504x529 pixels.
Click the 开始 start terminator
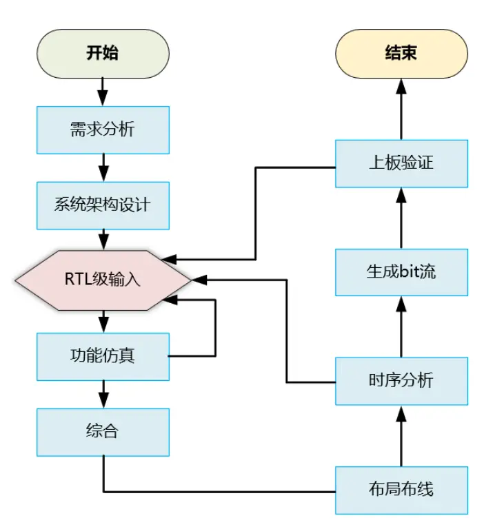pos(103,53)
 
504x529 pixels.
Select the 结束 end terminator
pos(401,53)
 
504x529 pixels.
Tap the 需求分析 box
pos(103,129)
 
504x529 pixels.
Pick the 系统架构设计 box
pos(103,205)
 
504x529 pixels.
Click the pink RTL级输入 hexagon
pos(103,280)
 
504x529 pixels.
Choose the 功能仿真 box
pos(103,356)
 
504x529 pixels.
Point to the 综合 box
pos(103,432)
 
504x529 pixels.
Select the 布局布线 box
pos(401,490)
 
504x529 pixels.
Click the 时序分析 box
pos(401,380)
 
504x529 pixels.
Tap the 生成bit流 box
pos(401,271)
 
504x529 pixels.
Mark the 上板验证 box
pos(401,163)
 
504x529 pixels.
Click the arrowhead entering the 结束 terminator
pos(401,85)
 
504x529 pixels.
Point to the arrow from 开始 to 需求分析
pos(103,90)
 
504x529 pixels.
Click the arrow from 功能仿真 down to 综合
pos(103,394)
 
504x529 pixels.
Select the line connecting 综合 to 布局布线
pos(221,491)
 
